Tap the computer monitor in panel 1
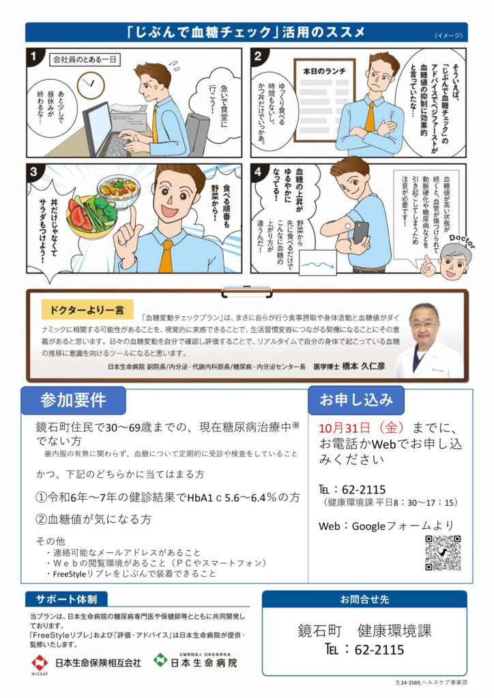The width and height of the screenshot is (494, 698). pos(98,127)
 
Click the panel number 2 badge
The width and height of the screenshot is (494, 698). pos(257,56)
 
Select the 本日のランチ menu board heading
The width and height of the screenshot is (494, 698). pos(324,71)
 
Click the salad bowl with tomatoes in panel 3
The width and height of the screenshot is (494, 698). pos(91,216)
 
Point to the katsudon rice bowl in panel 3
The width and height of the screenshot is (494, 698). pos(119,190)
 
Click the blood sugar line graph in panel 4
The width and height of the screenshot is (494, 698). pos(318,263)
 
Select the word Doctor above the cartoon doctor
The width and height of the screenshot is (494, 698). pos(462,241)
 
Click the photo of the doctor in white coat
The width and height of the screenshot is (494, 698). pos(429,341)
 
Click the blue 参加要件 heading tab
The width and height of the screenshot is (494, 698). pos(74,400)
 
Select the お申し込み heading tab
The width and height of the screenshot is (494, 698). pos(356,399)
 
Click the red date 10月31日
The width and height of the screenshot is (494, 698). pos(345,428)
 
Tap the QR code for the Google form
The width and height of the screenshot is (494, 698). pos(442,553)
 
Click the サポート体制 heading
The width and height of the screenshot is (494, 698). pos(66,599)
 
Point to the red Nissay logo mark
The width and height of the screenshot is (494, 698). pos(39,663)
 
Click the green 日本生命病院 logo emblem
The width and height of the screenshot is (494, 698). pos(160,660)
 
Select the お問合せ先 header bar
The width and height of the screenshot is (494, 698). pos(364,599)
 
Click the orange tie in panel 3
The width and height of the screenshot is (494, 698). pos(166,256)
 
